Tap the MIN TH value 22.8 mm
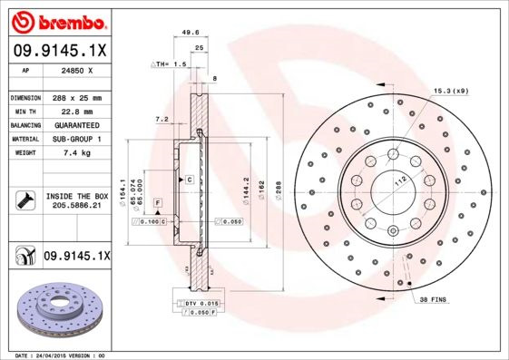(x=77, y=112)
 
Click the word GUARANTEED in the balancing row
(x=77, y=125)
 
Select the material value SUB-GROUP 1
(x=77, y=139)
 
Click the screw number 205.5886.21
(x=76, y=207)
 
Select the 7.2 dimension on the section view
(x=161, y=119)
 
